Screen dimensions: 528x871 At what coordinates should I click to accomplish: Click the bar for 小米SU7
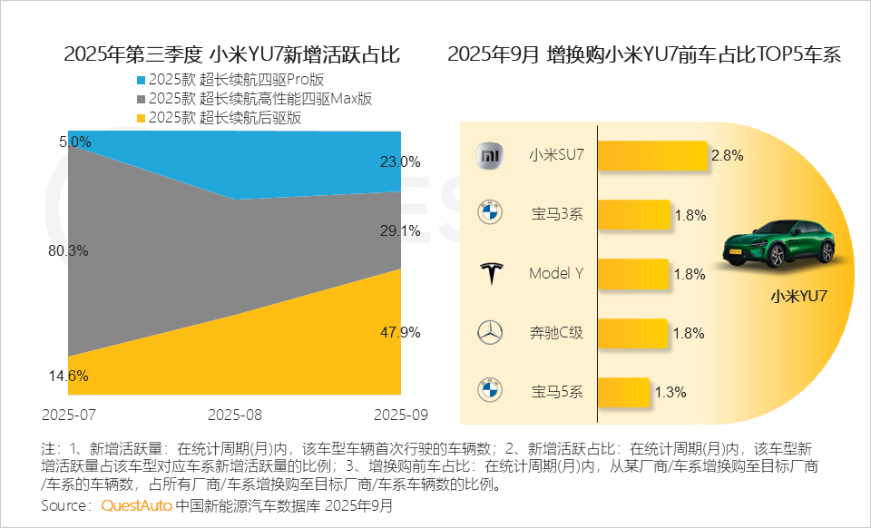coord(651,155)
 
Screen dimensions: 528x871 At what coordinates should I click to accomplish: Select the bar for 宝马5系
coord(622,392)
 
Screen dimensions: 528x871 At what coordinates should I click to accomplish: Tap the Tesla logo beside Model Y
coord(489,273)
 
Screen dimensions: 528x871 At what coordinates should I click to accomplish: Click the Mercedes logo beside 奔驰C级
coord(489,333)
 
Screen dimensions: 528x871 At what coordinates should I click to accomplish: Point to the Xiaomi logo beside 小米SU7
coord(489,155)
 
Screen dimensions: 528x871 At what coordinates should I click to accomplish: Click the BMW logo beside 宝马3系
coord(489,214)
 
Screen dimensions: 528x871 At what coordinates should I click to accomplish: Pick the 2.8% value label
coord(728,155)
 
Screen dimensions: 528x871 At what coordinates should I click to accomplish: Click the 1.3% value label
coord(670,393)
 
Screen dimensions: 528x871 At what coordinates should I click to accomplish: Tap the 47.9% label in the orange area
coord(400,332)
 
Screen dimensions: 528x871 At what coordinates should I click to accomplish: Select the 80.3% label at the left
coord(67,250)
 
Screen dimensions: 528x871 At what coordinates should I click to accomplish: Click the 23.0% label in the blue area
coord(400,161)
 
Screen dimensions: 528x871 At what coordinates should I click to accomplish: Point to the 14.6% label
coord(67,376)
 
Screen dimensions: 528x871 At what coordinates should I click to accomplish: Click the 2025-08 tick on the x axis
coord(235,415)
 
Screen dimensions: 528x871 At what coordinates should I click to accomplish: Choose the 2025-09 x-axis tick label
coord(400,415)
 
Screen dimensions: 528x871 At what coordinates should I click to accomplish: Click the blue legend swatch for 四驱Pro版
coord(139,80)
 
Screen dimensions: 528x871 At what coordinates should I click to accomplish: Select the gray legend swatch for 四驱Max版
coord(139,99)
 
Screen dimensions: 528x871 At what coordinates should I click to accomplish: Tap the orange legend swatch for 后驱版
coord(139,118)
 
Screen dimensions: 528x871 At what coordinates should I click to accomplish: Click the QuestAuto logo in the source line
coord(135,505)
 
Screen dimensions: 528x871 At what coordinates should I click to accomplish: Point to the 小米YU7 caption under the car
coord(798,296)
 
